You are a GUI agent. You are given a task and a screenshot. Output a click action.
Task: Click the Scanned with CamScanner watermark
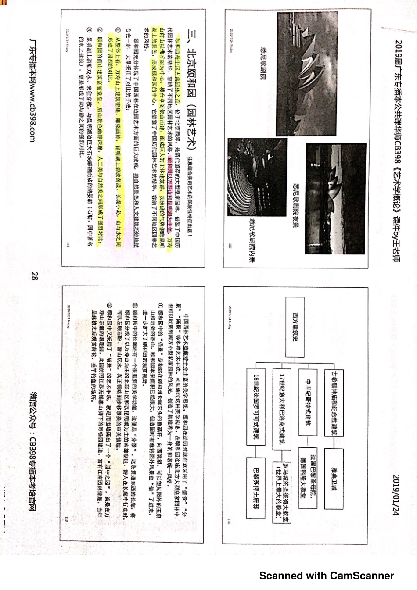[326, 576]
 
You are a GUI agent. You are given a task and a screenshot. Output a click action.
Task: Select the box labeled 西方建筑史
[295, 327]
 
